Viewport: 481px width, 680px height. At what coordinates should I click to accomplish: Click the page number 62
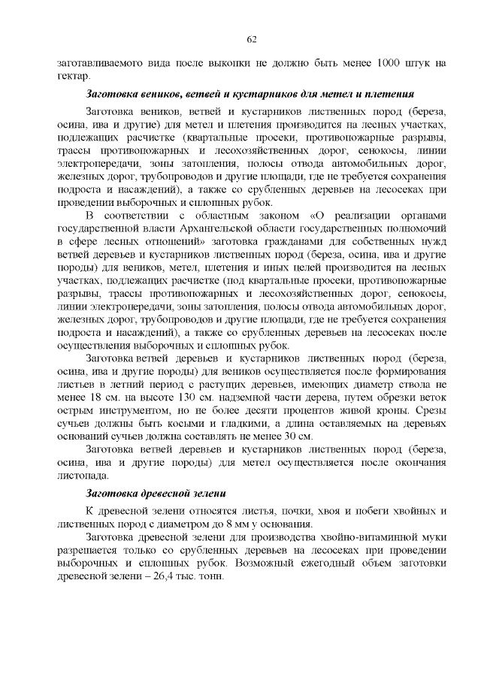click(x=252, y=39)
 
